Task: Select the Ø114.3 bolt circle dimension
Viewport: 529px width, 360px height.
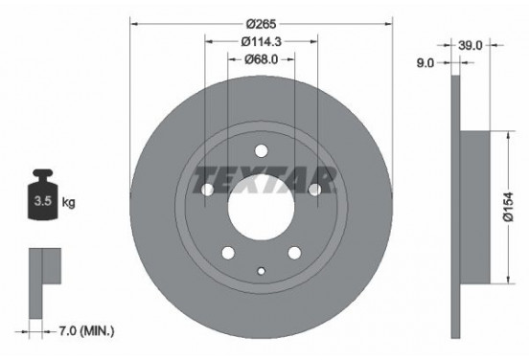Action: (262, 41)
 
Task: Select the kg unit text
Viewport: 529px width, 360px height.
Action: (68, 203)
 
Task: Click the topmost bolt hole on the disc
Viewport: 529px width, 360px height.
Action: (262, 148)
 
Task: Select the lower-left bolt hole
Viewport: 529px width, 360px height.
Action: (228, 253)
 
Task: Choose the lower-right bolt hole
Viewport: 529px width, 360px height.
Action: (295, 253)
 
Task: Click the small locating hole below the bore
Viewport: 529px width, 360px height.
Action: (262, 271)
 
